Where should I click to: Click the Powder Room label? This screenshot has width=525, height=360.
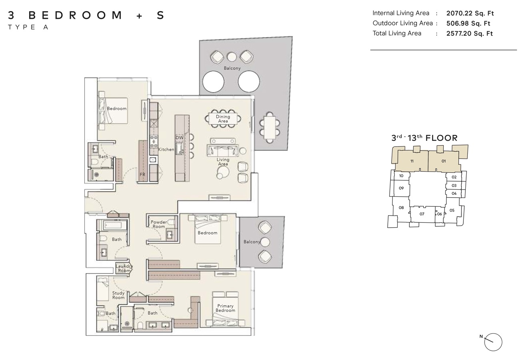click(x=159, y=224)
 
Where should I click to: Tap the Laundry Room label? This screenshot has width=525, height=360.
click(x=124, y=268)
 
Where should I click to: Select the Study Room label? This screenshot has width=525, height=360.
click(x=118, y=295)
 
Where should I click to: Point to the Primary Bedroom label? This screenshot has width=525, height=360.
click(x=225, y=308)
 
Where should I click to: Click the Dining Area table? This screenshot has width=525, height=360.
click(x=223, y=119)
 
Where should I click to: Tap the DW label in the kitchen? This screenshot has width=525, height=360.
click(x=179, y=138)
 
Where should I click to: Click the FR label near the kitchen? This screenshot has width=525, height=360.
click(x=142, y=174)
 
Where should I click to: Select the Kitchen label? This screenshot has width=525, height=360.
click(x=166, y=149)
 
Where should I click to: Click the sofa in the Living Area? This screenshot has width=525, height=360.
click(x=222, y=150)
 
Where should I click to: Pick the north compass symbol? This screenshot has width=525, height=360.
click(x=493, y=342)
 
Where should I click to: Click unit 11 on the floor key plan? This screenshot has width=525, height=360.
click(x=411, y=161)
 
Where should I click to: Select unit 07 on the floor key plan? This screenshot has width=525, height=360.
click(x=422, y=214)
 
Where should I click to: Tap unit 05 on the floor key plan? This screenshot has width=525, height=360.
click(x=452, y=210)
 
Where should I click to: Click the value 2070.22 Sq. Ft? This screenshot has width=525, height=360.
click(x=470, y=13)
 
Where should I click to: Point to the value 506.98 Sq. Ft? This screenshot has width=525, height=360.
click(x=468, y=23)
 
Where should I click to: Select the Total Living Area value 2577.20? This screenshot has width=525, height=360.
click(x=469, y=34)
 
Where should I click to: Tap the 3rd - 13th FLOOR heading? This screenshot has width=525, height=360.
click(x=424, y=138)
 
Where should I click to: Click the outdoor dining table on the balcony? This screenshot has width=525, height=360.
click(x=269, y=127)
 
